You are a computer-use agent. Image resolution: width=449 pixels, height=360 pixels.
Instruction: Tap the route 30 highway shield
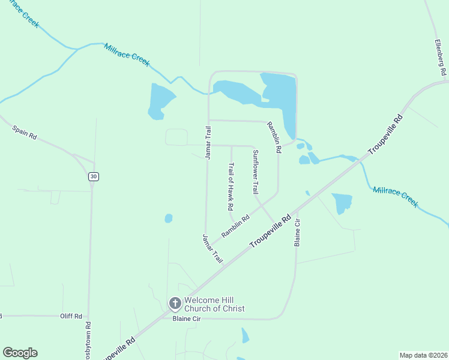(92, 176)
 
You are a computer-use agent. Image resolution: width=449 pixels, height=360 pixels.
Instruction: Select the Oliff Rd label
(71, 316)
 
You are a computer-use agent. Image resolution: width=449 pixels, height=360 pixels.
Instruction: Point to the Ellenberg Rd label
(441, 58)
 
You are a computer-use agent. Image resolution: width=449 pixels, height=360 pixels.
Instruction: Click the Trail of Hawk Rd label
(231, 186)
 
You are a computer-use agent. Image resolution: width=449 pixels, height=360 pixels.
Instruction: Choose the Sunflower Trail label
(255, 172)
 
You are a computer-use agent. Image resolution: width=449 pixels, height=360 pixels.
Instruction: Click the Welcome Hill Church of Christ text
(214, 304)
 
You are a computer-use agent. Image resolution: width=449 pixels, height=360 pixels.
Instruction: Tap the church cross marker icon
(175, 303)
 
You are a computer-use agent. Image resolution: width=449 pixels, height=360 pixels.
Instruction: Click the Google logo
(20, 353)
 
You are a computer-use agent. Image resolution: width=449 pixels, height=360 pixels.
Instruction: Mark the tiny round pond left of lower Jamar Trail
(169, 218)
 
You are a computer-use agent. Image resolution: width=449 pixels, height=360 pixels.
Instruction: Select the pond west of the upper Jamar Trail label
(160, 101)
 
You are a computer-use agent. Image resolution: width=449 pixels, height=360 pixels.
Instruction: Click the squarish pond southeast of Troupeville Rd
(341, 202)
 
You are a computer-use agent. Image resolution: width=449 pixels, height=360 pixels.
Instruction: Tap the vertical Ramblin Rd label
(273, 138)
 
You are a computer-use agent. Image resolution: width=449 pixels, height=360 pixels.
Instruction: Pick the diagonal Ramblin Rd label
(235, 227)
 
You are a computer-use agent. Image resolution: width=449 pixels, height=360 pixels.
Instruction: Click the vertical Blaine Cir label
(297, 232)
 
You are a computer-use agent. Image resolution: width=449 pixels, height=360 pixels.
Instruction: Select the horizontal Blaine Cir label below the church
(186, 319)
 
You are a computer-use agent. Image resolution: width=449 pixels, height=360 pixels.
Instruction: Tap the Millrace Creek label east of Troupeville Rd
(395, 197)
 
